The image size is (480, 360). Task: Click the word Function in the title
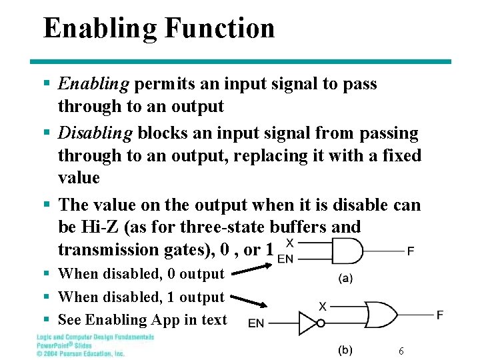[219, 29]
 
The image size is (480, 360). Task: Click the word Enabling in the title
[99, 29]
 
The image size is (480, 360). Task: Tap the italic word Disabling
[95, 133]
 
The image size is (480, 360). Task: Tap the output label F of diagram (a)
[411, 252]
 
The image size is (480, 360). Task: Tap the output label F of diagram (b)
[440, 314]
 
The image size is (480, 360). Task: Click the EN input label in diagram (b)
[256, 323]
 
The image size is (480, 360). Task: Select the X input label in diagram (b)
[323, 306]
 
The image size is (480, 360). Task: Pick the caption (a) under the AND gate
[346, 279]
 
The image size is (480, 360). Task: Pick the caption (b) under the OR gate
[345, 350]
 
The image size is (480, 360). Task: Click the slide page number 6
[401, 351]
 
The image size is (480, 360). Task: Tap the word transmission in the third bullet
[108, 249]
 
